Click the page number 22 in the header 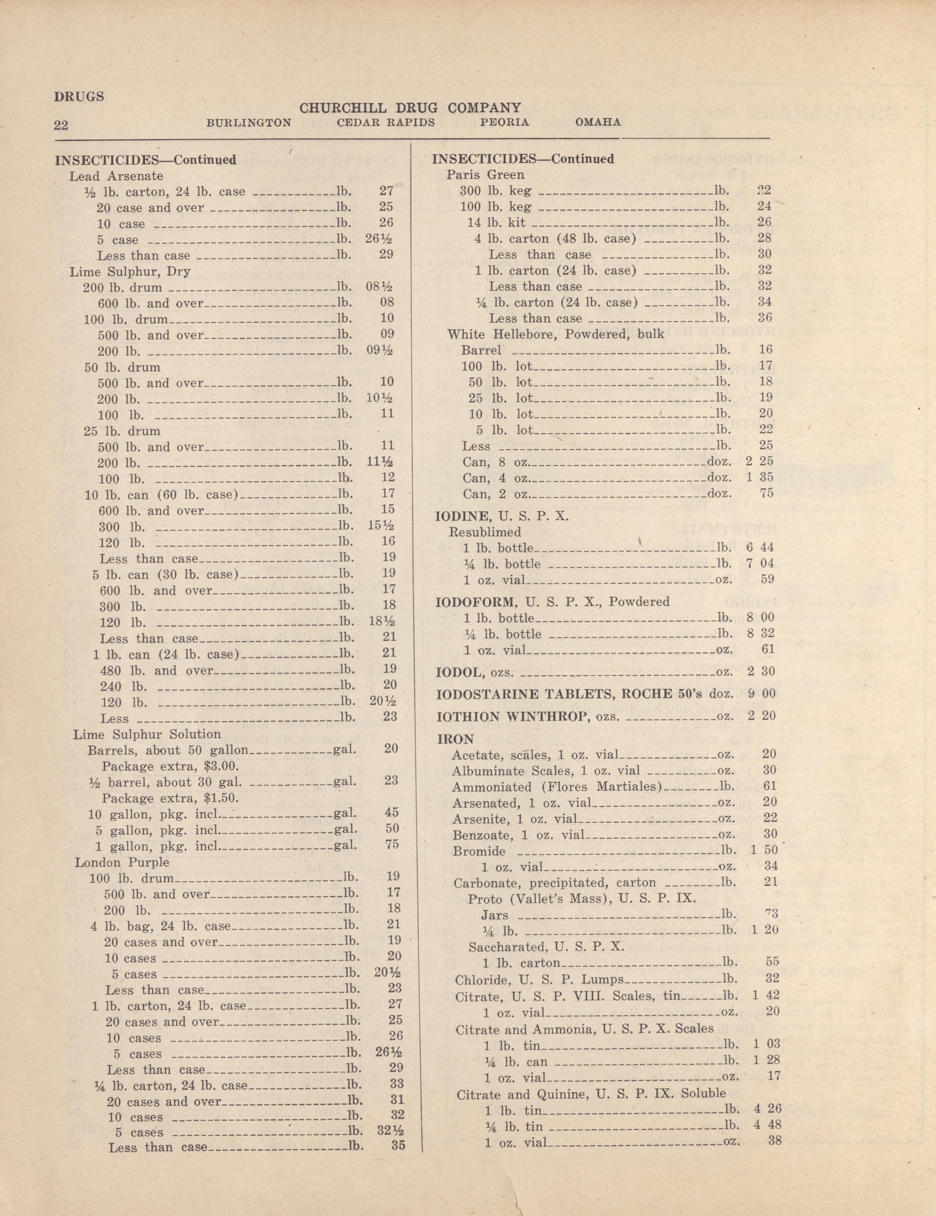[x=61, y=124]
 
